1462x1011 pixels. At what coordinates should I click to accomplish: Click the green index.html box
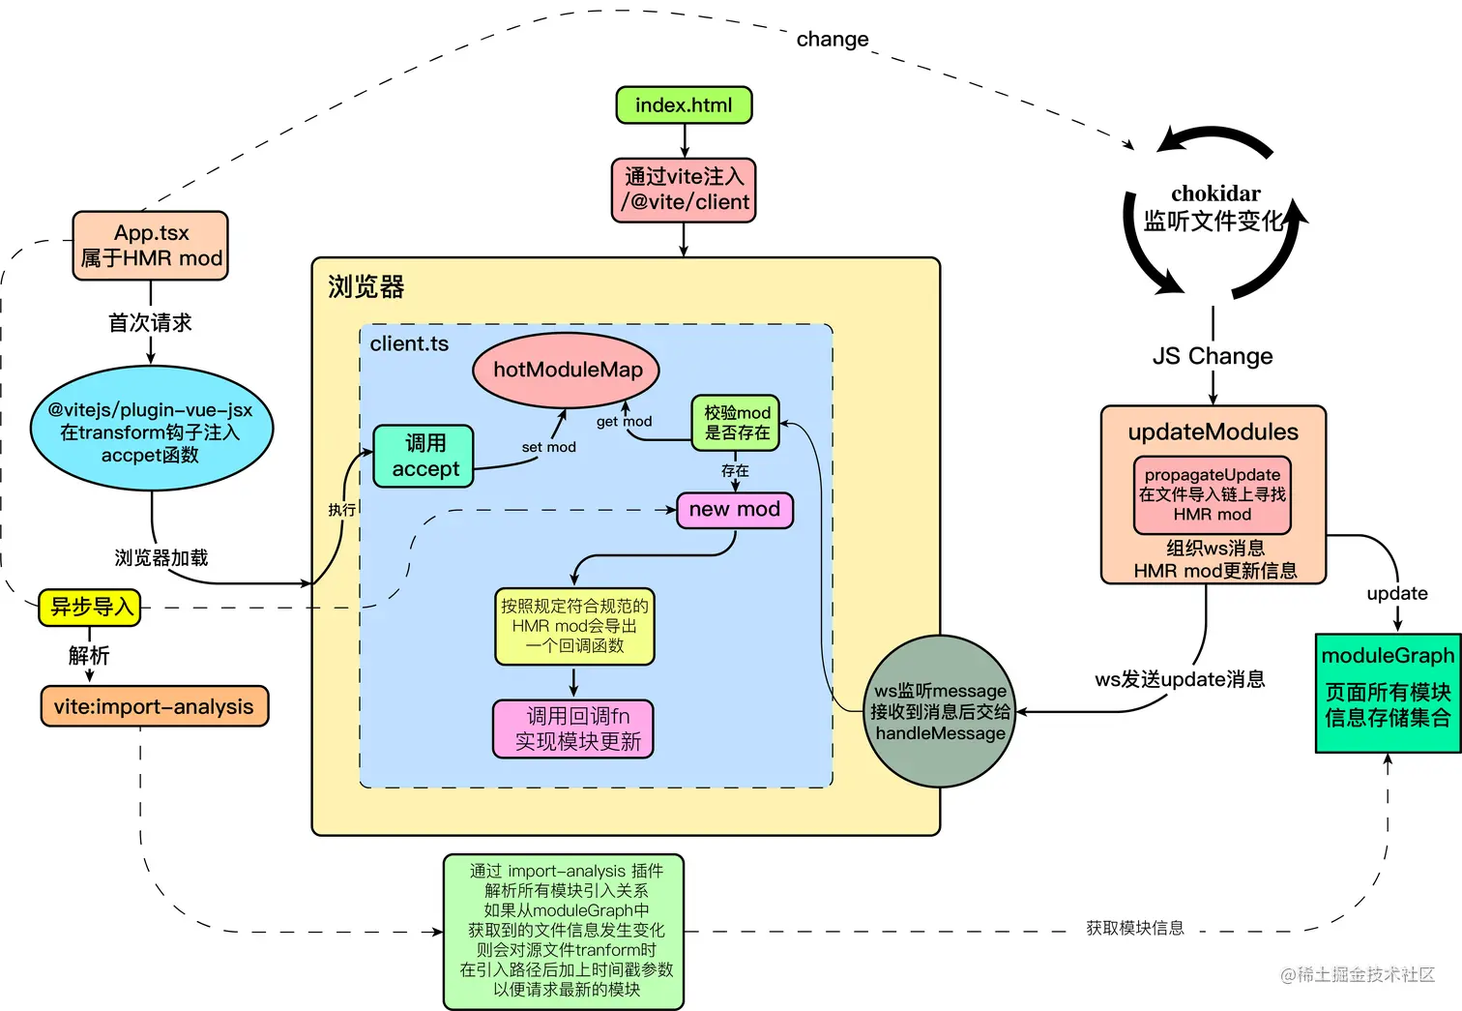click(684, 104)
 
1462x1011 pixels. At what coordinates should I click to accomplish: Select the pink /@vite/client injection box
click(684, 190)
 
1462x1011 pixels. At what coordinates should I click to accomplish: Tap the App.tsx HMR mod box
click(151, 246)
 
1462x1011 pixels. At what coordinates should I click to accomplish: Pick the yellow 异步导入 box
click(90, 608)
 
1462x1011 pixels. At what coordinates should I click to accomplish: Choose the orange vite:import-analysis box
click(154, 706)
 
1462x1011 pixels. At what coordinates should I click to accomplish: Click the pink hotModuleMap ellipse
click(568, 370)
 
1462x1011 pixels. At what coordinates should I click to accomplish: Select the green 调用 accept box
click(424, 456)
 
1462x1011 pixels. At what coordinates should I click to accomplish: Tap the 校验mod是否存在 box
click(736, 423)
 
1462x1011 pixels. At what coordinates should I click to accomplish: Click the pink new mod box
click(734, 510)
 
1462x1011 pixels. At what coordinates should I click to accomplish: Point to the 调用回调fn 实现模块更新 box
click(573, 729)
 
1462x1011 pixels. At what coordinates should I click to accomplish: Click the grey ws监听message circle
click(939, 712)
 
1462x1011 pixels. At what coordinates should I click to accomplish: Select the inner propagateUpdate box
click(1212, 494)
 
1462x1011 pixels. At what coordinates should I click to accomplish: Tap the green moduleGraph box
click(1388, 691)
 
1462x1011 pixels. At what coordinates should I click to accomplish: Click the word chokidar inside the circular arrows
click(1215, 193)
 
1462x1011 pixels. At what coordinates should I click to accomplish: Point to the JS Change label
click(1213, 356)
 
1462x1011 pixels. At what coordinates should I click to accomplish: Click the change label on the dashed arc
click(833, 40)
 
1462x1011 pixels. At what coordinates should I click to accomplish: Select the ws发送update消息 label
click(1180, 679)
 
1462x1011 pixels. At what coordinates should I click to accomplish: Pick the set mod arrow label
click(548, 447)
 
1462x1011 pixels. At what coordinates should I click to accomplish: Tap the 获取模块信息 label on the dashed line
click(1134, 928)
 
